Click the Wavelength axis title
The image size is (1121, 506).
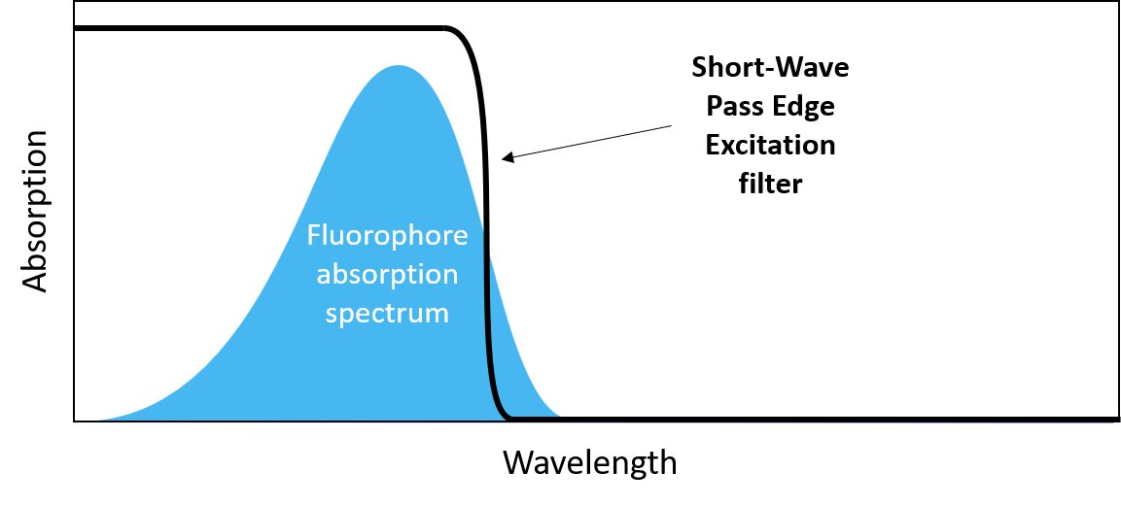589,462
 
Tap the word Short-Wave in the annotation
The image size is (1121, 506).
770,68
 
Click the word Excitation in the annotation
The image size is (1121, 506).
770,146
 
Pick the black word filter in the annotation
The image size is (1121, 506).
770,184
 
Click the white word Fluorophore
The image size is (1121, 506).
387,236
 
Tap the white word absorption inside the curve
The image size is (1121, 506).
387,275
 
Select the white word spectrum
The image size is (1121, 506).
387,314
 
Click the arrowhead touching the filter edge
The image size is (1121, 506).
507,157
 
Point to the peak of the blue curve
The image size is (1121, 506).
397,68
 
